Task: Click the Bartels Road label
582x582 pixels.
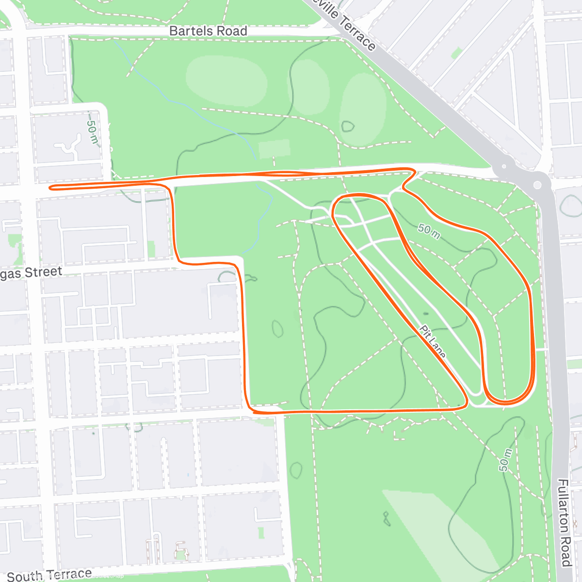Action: (x=208, y=31)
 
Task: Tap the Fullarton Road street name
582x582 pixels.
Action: (x=563, y=522)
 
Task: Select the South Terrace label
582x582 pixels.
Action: (x=49, y=576)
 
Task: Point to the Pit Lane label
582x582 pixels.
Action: (x=432, y=342)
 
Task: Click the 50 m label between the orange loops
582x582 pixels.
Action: (x=429, y=231)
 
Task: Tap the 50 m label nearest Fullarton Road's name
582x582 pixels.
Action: (x=505, y=460)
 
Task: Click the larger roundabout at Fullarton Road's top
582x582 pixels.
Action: (x=537, y=185)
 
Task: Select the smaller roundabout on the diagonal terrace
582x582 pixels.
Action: (x=504, y=167)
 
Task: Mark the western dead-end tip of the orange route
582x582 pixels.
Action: (x=50, y=187)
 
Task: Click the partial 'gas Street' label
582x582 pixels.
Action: (x=32, y=273)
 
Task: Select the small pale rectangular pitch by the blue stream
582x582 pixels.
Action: (x=275, y=148)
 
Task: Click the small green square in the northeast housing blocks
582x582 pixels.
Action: (x=456, y=53)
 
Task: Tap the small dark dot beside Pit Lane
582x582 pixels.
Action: (x=426, y=314)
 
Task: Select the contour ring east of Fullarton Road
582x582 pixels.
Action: (x=570, y=206)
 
